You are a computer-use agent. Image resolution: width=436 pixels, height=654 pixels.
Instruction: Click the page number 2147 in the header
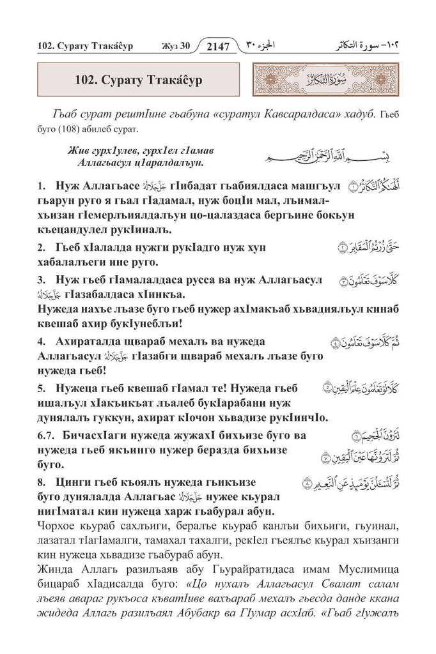[218, 45]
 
